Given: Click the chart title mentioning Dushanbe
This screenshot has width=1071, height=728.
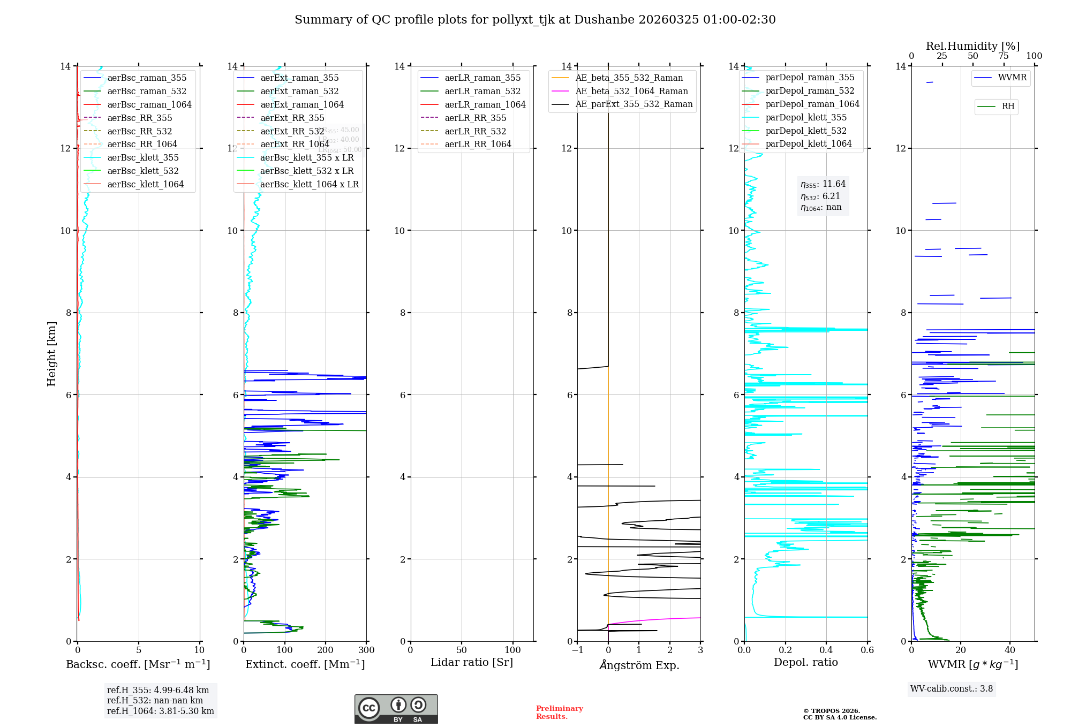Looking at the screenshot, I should (535, 20).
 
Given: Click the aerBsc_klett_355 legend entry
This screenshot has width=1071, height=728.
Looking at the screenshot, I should (143, 158).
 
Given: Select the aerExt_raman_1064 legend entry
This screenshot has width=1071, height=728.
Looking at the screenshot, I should (302, 105).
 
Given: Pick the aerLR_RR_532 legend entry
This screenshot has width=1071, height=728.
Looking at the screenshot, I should (475, 132).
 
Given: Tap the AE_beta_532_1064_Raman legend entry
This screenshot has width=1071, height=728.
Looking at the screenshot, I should (631, 92).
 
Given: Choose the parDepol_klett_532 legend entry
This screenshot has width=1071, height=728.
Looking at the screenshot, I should (806, 131).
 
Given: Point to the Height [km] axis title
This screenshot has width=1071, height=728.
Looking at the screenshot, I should (51, 354).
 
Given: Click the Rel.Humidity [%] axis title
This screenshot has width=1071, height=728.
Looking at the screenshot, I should (972, 46).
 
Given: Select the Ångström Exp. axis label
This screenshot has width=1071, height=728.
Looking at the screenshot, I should (639, 665).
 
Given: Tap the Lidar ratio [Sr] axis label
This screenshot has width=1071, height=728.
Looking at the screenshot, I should (472, 663).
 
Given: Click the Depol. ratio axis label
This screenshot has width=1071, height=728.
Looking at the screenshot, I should (805, 663).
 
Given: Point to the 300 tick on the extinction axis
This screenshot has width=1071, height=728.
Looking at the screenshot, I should (367, 650).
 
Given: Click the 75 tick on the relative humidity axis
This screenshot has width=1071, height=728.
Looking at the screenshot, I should (1004, 56).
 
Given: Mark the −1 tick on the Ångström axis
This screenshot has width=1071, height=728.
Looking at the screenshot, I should (577, 650).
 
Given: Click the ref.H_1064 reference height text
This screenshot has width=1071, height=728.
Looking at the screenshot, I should (161, 711).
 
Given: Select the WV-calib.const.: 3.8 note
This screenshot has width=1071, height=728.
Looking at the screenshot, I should (952, 689).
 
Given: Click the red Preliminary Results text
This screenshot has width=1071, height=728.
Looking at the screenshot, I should (559, 712).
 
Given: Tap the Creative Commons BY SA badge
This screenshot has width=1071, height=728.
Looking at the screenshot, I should (396, 709).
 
